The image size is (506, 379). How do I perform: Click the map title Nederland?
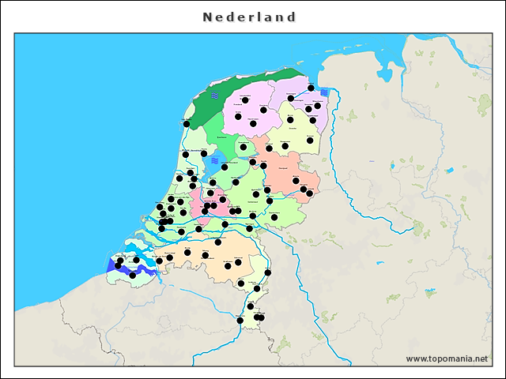point(249,17)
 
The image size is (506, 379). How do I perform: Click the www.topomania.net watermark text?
point(447,358)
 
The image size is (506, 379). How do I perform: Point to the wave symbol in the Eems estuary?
point(324,92)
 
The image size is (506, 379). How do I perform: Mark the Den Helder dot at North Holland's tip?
point(187,124)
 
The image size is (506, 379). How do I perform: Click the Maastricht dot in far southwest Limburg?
point(240,321)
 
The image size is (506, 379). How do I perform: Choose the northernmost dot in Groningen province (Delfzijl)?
point(312,88)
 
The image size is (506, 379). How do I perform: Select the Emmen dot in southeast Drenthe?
point(310,141)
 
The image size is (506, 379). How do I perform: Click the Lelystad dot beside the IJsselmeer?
point(225,167)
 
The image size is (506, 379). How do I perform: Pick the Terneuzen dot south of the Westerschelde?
point(132,275)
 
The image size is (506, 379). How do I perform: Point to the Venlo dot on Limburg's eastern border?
point(267,273)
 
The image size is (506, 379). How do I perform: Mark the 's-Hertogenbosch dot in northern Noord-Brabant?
point(218,242)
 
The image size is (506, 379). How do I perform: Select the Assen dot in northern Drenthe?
point(290,120)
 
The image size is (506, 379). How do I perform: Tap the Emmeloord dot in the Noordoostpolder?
point(244,147)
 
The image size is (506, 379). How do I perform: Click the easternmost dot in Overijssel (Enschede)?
point(309,193)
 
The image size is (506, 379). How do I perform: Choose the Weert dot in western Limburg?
point(241,283)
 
